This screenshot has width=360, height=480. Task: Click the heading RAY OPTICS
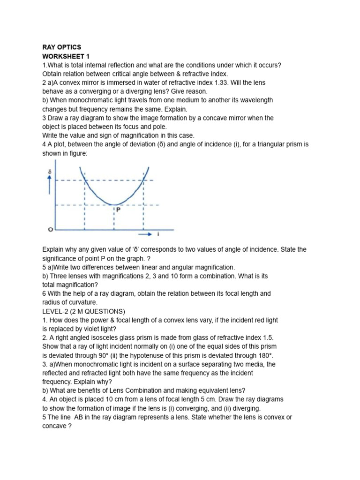(x=61, y=47)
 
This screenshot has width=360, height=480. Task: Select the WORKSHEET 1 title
(x=66, y=56)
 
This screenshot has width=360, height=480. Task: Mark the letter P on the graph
(x=119, y=210)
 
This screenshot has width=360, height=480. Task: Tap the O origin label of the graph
(x=50, y=229)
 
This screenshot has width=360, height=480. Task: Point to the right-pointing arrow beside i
(x=147, y=233)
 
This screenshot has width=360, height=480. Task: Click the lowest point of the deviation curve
(x=113, y=204)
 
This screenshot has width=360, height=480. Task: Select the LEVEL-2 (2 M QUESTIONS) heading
(x=84, y=311)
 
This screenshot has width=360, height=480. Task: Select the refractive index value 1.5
(x=267, y=338)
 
